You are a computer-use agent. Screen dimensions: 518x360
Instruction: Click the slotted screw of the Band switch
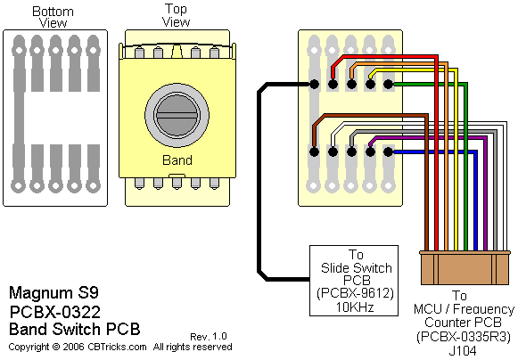[177, 115]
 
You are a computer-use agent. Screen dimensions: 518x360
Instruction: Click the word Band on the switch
[177, 160]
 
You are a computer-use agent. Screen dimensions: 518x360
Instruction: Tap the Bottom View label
[53, 17]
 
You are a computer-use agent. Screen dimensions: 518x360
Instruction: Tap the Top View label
[176, 15]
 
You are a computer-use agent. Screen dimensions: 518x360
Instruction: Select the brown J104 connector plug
[465, 268]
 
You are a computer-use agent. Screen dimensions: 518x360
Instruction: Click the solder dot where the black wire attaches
[314, 85]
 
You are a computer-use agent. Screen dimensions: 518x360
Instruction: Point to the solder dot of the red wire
[333, 85]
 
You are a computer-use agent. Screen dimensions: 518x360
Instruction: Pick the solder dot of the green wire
[388, 85]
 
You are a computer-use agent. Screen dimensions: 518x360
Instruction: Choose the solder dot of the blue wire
[388, 151]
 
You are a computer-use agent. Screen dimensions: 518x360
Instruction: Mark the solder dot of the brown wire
[314, 151]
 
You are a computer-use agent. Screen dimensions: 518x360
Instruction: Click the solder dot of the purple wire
[370, 151]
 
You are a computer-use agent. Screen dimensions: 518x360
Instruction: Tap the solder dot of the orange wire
[351, 85]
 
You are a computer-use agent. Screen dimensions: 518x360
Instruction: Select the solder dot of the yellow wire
[370, 85]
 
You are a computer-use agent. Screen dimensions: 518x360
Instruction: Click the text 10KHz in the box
[355, 307]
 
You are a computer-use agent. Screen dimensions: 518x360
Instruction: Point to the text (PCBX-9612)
[355, 293]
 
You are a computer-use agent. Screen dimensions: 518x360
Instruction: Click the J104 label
[463, 351]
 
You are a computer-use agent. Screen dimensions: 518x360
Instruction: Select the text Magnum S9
[53, 293]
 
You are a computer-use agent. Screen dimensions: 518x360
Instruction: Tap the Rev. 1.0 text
[209, 337]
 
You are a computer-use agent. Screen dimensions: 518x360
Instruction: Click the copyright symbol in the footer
[56, 348]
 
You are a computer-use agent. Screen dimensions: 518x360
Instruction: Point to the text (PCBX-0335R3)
[464, 337]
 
